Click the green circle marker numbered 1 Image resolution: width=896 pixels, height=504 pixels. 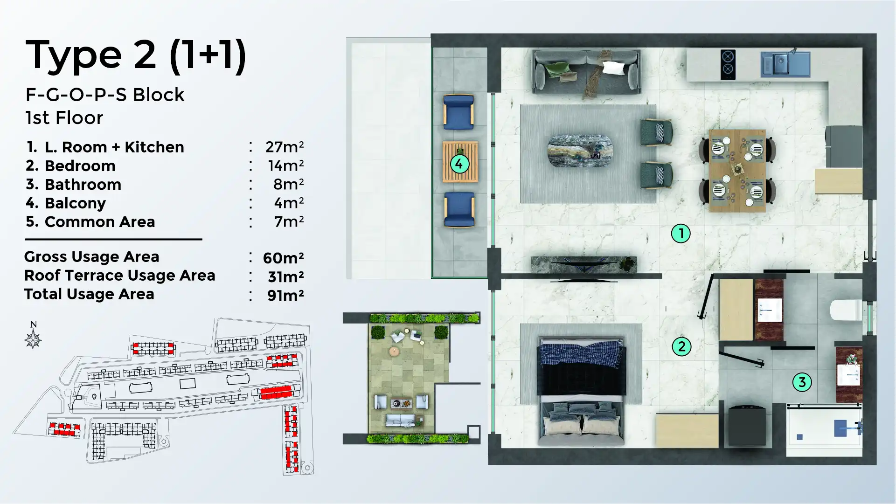coord(681,233)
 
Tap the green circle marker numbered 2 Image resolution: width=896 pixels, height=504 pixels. coord(681,346)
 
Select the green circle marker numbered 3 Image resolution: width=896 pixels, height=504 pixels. coord(802,382)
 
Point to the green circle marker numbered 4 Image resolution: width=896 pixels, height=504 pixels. coord(459,164)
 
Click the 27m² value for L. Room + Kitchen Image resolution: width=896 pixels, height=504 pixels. coord(285,147)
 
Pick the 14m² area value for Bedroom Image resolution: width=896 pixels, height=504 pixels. coord(285,166)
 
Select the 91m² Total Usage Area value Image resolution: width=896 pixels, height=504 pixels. coord(285,295)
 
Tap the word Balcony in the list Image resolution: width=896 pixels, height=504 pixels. coord(75,203)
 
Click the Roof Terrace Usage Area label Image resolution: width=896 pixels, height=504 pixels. coord(119,276)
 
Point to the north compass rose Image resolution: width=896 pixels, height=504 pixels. coord(33,338)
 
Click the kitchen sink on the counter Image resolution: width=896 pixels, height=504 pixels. coord(785,64)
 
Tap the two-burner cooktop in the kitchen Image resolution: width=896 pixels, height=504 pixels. coord(728,64)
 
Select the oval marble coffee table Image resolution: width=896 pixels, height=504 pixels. coord(580,151)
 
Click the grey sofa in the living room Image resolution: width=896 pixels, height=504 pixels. coord(586,73)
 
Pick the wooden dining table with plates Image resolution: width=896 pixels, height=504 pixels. coord(737,171)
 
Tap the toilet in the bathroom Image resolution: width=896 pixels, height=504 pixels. coord(845,310)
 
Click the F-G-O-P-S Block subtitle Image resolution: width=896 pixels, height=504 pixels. coord(105,95)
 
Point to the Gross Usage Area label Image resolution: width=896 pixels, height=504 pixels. coord(91,257)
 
